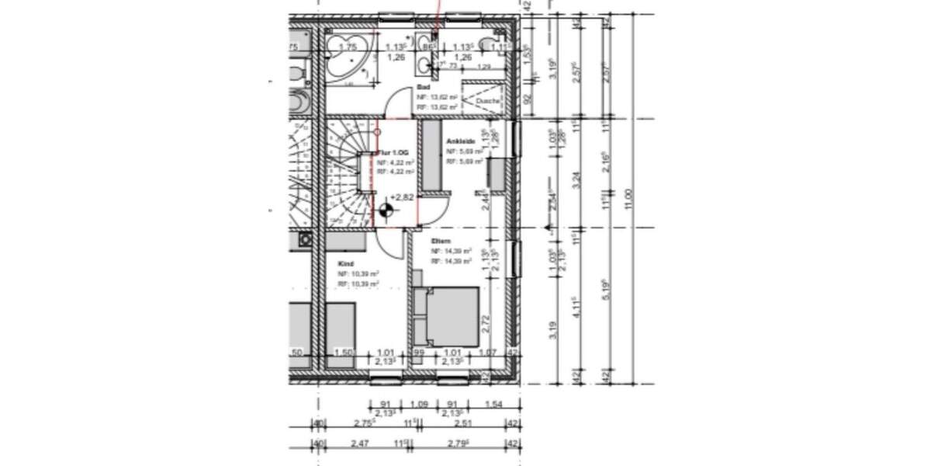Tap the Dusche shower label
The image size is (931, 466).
click(488, 102)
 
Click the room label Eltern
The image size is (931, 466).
click(441, 242)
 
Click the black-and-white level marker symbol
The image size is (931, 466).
click(386, 208)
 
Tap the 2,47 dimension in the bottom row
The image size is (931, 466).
click(358, 443)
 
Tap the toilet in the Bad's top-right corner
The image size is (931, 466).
click(490, 44)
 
